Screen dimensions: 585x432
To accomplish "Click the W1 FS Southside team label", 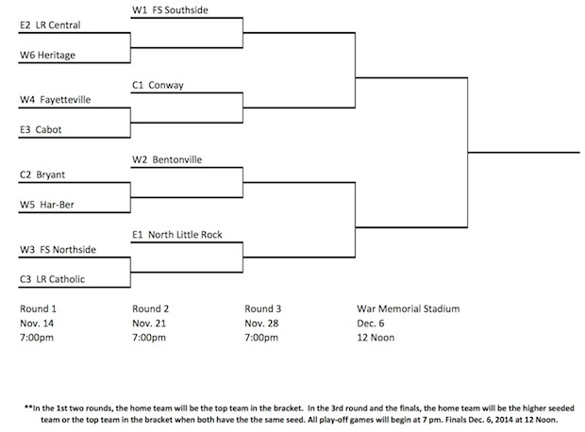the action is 170,10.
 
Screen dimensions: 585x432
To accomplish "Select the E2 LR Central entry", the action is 50,25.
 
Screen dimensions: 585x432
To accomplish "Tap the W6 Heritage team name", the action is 47,56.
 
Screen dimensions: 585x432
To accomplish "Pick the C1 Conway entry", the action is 158,85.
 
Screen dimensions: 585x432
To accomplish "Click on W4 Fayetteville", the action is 56,100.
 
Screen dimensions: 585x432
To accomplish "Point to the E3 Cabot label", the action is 41,130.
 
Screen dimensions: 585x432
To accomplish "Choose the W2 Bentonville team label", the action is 167,159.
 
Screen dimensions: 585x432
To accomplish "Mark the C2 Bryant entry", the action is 42,174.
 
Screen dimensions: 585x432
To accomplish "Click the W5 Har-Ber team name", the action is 47,205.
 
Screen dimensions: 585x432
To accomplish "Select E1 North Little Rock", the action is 177,235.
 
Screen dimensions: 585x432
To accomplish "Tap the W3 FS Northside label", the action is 58,250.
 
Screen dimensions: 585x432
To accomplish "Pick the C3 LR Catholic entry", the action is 52,279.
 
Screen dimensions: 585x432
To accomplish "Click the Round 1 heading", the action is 38,308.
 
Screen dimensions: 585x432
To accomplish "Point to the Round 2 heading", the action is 150,308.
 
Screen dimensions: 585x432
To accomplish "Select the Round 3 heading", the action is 263,308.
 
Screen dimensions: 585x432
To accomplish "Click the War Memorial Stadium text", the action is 409,308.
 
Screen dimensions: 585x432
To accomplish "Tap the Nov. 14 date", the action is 37,324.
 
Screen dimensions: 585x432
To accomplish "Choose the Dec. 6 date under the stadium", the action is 371,324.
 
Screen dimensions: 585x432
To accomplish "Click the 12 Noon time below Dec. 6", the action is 376,338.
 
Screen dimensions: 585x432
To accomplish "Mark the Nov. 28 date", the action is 261,324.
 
